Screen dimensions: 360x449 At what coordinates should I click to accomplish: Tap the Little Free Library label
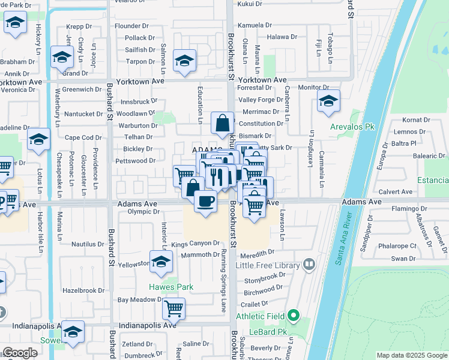tap(268, 265)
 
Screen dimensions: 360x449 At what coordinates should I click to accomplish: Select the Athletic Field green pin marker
tap(293, 314)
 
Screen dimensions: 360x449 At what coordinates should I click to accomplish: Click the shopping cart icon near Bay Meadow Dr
tap(174, 308)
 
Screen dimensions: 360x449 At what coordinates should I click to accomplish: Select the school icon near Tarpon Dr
tap(185, 60)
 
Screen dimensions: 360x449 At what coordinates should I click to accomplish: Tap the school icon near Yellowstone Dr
tap(161, 262)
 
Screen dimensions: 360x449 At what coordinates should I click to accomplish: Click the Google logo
tap(20, 353)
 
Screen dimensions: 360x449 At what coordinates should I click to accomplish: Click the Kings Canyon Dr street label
tap(196, 244)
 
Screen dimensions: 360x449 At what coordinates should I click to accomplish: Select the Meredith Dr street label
tap(259, 253)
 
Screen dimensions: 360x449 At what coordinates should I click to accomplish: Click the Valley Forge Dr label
tap(261, 100)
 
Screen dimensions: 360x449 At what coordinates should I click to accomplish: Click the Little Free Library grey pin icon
tap(309, 263)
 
